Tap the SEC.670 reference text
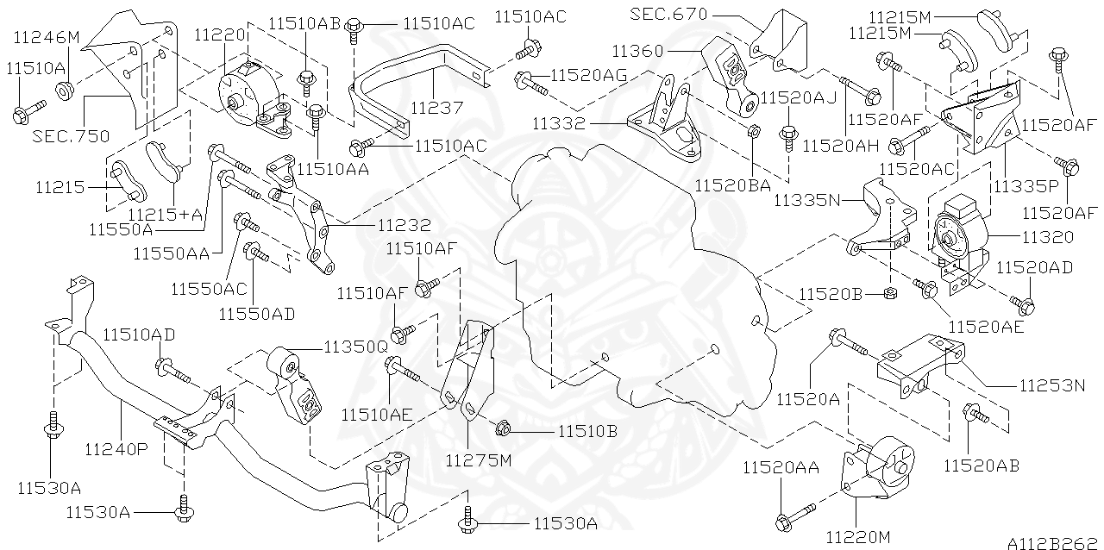click(x=668, y=14)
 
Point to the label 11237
click(x=437, y=109)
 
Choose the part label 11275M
click(x=479, y=459)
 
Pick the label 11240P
click(x=116, y=449)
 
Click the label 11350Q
click(x=355, y=347)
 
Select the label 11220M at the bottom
click(x=857, y=537)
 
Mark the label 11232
click(x=404, y=225)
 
